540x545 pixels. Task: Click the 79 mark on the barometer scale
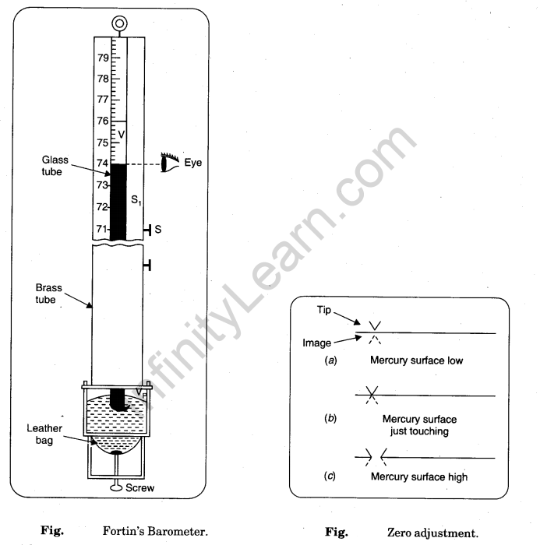(103, 58)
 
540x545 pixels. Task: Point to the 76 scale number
(103, 121)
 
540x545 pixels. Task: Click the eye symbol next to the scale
(170, 163)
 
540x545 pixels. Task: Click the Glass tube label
(56, 165)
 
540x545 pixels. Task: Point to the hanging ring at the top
(118, 24)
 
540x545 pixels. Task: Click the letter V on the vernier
(121, 135)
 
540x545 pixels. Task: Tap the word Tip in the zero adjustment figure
(322, 308)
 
